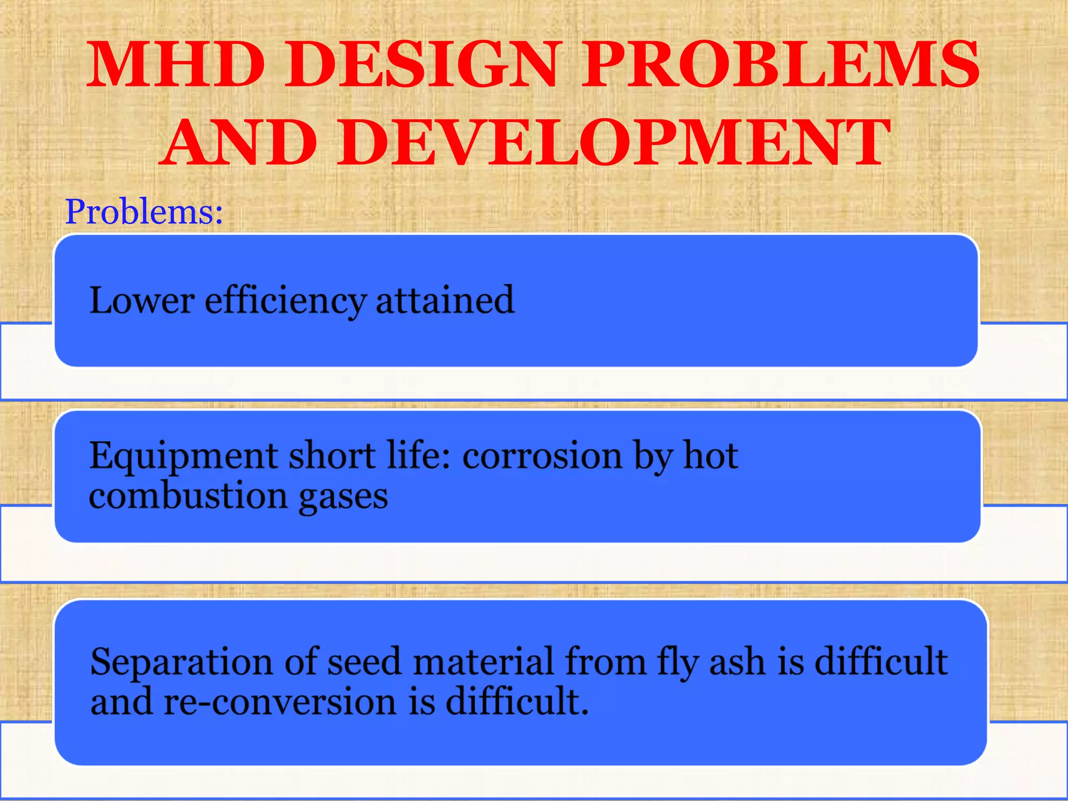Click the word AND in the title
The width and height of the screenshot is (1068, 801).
[239, 142]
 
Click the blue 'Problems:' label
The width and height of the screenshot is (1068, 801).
[144, 212]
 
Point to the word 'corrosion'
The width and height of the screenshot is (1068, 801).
[542, 457]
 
